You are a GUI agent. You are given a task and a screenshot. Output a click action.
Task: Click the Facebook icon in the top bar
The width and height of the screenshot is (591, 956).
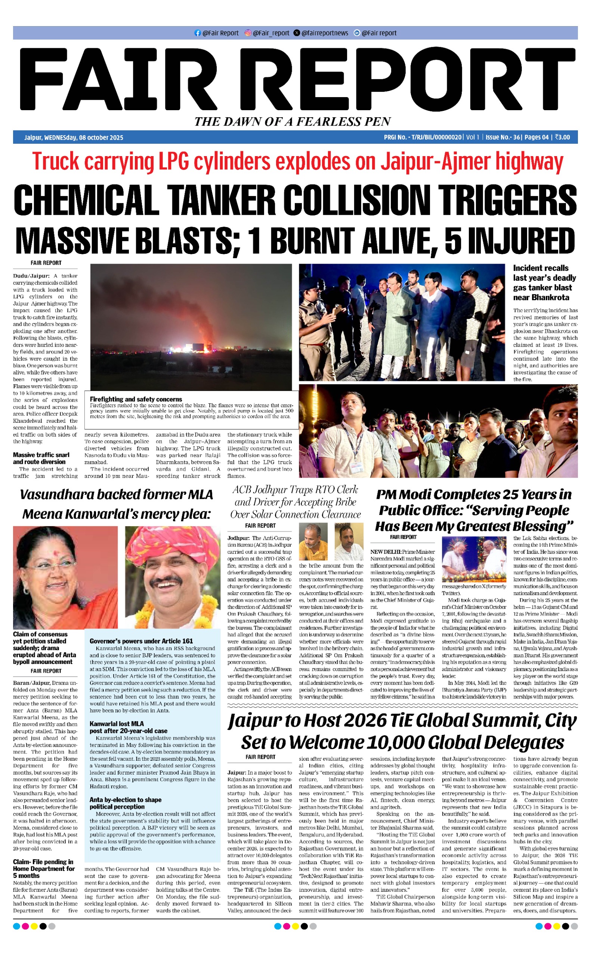pyautogui.click(x=197, y=33)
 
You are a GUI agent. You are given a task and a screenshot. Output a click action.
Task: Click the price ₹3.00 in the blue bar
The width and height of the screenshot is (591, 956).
pyautogui.click(x=563, y=137)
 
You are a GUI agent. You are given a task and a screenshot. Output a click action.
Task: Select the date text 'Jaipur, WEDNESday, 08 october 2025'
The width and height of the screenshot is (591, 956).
pyautogui.click(x=74, y=137)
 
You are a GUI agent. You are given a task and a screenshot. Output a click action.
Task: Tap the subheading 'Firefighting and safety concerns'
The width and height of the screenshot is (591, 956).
pyautogui.click(x=136, y=399)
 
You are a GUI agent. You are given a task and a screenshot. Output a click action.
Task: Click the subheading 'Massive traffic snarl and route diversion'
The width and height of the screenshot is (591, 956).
pyautogui.click(x=41, y=458)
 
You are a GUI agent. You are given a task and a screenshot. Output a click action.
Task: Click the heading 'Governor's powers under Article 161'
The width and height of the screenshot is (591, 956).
pyautogui.click(x=141, y=641)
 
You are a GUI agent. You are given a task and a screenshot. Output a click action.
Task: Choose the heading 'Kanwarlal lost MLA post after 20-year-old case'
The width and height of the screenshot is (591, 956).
pyautogui.click(x=128, y=727)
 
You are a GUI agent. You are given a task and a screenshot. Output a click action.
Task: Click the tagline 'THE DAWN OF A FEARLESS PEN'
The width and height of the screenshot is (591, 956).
pyautogui.click(x=293, y=121)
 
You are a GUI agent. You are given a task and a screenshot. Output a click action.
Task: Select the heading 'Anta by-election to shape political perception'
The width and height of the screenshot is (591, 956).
pyautogui.click(x=125, y=803)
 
